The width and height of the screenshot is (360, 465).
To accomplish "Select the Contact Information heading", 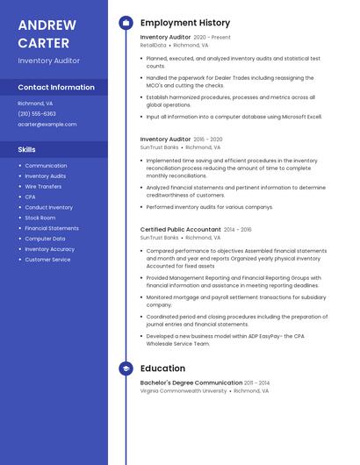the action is pyautogui.click(x=56, y=87).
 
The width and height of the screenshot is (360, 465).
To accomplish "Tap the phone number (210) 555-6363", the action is pyautogui.click(x=37, y=113).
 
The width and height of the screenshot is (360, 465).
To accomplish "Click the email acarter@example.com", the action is pyautogui.click(x=47, y=124).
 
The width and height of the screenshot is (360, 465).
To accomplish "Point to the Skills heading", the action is pyautogui.click(x=27, y=150).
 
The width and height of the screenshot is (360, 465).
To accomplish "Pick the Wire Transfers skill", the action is pyautogui.click(x=43, y=186).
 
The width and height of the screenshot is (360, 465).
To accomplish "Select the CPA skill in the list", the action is pyautogui.click(x=30, y=197).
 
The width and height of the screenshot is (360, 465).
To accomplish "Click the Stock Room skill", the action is pyautogui.click(x=40, y=218).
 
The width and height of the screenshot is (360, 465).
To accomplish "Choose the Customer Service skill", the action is pyautogui.click(x=47, y=260).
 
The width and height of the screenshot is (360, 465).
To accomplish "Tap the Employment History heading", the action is pyautogui.click(x=185, y=23).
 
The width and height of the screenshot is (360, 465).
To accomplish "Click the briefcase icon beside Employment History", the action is pyautogui.click(x=126, y=23).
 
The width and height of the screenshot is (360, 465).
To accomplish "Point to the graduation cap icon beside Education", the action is pyautogui.click(x=126, y=368).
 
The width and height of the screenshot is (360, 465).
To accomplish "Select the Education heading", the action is pyautogui.click(x=162, y=368).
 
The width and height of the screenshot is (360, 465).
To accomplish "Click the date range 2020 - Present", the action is pyautogui.click(x=212, y=38).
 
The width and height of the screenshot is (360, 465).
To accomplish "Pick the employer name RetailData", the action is pyautogui.click(x=153, y=45).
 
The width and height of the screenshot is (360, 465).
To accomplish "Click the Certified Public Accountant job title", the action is pyautogui.click(x=180, y=229).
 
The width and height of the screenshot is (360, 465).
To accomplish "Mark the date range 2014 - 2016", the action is pyautogui.click(x=237, y=229).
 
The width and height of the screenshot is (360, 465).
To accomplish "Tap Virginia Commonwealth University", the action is pyautogui.click(x=184, y=390).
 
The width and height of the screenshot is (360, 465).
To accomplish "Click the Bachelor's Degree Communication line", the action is pyautogui.click(x=191, y=383).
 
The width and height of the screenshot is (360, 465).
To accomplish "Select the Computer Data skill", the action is pyautogui.click(x=45, y=239).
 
